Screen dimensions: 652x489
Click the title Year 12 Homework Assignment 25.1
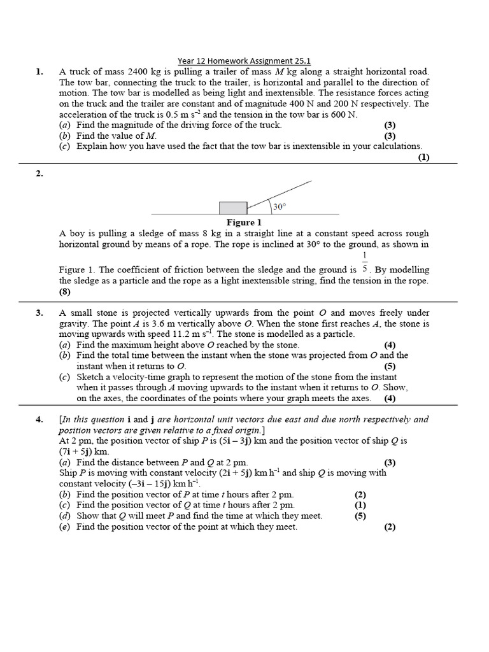pyautogui.click(x=244, y=61)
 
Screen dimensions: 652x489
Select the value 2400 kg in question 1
pyautogui.click(x=145, y=72)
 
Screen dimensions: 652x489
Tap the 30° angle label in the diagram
pyautogui.click(x=280, y=206)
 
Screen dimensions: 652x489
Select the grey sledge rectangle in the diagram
pyautogui.click(x=233, y=208)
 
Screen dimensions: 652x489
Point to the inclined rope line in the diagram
pyautogui.click(x=280, y=195)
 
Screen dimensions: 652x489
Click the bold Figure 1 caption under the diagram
pyautogui.click(x=244, y=223)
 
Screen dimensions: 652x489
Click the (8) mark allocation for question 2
pyautogui.click(x=66, y=292)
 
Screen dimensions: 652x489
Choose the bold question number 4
pyautogui.click(x=39, y=420)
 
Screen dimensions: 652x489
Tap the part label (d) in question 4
pyautogui.click(x=65, y=516)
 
